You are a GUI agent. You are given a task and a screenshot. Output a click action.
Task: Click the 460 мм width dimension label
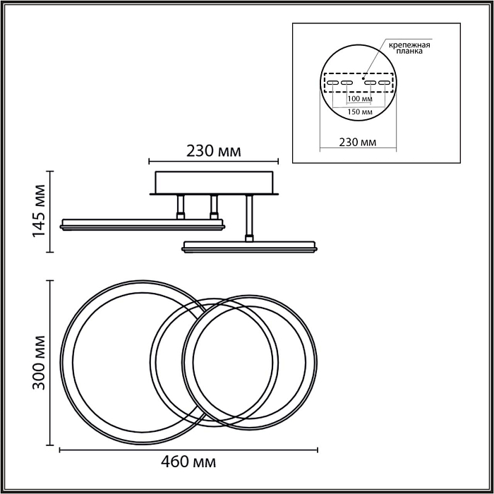tap(188, 462)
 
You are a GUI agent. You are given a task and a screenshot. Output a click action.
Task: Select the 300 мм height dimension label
tap(40, 363)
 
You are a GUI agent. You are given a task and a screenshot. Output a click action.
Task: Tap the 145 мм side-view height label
tap(40, 211)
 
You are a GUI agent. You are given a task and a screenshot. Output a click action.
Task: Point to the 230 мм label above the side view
tap(214, 151)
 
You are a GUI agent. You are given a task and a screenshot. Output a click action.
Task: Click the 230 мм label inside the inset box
tap(358, 142)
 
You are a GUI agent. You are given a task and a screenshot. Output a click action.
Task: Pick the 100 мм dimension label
tap(360, 99)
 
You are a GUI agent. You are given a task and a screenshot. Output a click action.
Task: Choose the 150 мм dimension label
tap(360, 112)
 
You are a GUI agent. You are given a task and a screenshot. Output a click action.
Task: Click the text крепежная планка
tap(409, 48)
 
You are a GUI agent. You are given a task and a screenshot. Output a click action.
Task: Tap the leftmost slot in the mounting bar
tap(332, 83)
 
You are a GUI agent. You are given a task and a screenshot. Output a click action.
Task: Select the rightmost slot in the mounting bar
tap(385, 83)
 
